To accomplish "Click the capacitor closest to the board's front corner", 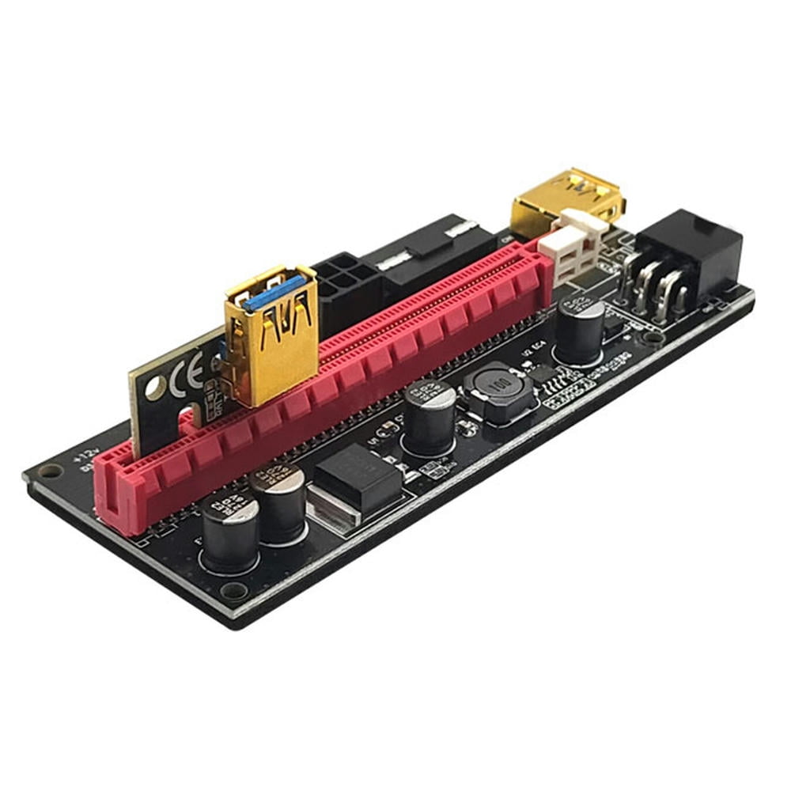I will pyautogui.click(x=229, y=533).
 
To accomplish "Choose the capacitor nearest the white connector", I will pyautogui.click(x=580, y=327).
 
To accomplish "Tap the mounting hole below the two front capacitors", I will pyautogui.click(x=233, y=590).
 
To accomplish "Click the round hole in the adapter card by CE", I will pyautogui.click(x=156, y=388).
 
